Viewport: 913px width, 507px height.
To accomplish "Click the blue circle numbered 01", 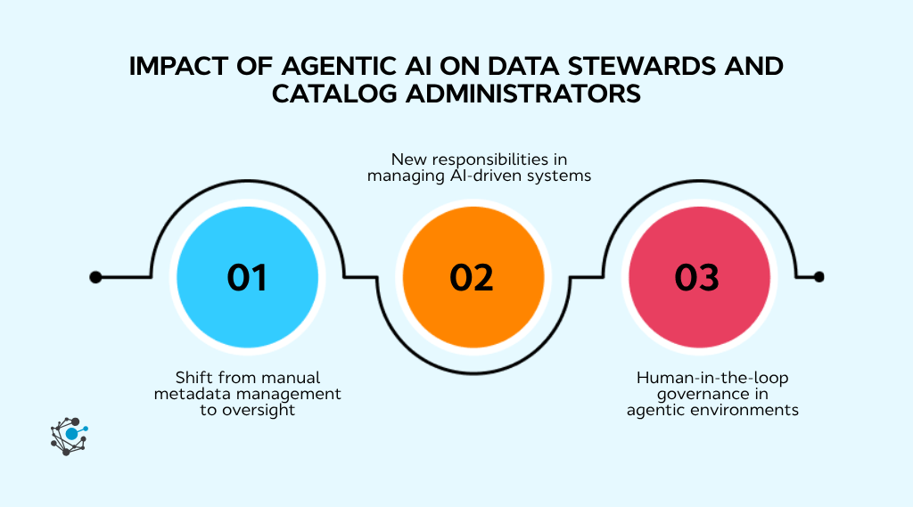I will (247, 277).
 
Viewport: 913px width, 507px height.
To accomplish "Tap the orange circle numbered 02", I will (472, 277).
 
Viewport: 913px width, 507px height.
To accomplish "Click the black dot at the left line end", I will (95, 277).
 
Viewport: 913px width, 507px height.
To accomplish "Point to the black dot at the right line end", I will (819, 277).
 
